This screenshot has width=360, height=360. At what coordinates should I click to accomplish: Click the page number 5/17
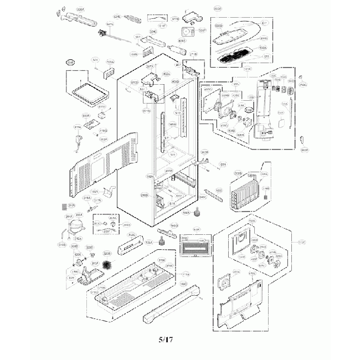(x=166, y=339)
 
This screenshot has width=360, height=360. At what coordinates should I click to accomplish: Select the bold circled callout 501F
(x=70, y=63)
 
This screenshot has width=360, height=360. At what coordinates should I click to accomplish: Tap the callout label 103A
(x=110, y=62)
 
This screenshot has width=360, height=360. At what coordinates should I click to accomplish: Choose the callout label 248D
(x=145, y=196)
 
